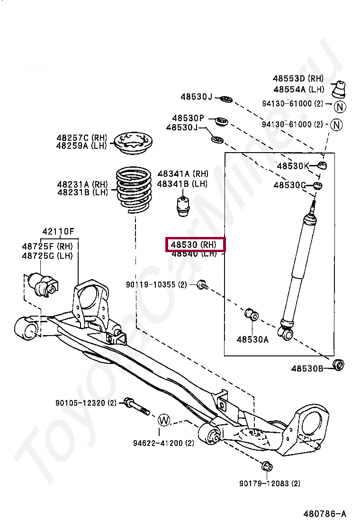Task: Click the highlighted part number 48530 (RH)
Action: [195, 245]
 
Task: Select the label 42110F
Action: [58, 232]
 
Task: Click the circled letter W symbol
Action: [163, 419]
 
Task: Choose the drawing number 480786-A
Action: [324, 514]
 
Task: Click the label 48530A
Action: [252, 339]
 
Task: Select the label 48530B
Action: [307, 368]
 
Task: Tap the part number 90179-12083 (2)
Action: [270, 483]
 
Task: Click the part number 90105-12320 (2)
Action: [86, 403]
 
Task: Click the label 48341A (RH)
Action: [183, 174]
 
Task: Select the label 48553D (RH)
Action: [298, 79]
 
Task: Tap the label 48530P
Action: [188, 118]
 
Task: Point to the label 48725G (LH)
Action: [47, 256]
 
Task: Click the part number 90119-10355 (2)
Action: [157, 284]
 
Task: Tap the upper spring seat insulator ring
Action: [133, 142]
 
